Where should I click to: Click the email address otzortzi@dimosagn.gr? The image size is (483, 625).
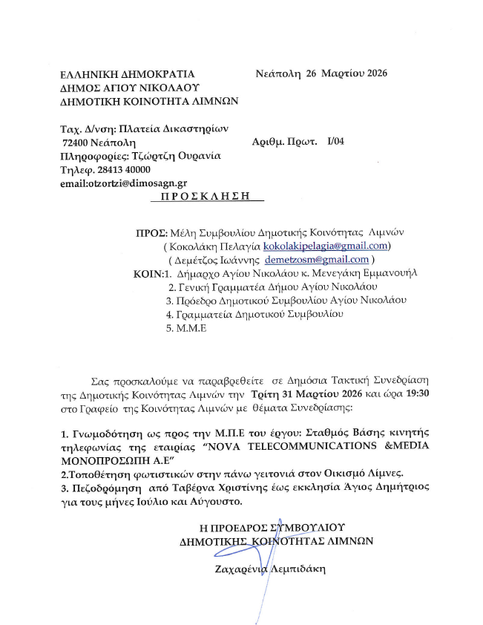[x=123, y=183]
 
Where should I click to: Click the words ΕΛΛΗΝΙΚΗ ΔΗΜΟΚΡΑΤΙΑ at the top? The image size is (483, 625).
[x=127, y=73]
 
